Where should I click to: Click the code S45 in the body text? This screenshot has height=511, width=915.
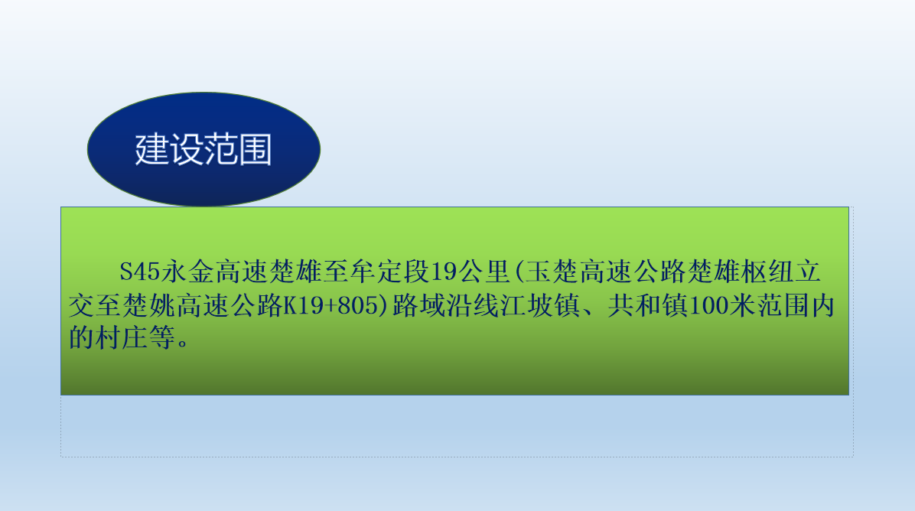tap(139, 272)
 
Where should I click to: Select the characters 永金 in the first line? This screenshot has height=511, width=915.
tap(188, 272)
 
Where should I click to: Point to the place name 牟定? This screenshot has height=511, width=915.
tap(376, 272)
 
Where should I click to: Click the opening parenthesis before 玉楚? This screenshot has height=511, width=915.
tap(519, 272)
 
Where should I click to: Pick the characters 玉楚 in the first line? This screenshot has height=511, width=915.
tap(552, 272)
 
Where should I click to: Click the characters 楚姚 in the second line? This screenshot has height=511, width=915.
tap(149, 306)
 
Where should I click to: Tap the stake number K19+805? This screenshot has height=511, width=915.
tap(331, 306)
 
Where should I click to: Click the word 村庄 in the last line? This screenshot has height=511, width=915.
tap(122, 338)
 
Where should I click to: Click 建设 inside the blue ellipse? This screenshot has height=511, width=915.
tap(169, 149)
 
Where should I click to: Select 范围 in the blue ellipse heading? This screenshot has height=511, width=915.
tap(237, 149)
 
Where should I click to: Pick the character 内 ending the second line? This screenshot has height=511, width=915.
tap(822, 306)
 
